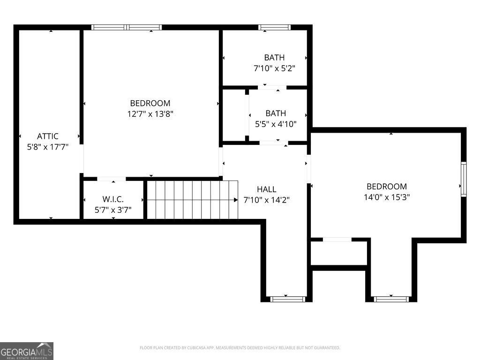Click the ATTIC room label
coord(48,136)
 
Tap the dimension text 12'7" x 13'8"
coord(150,114)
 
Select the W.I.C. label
coord(113,199)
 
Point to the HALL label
coord(266,189)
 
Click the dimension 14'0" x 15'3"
coord(387,197)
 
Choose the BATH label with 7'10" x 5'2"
coord(274,58)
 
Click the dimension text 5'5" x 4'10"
coord(276,124)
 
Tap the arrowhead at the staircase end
coord(236,200)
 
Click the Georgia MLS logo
coord(27,351)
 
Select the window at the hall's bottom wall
coord(288,299)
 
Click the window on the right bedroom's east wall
coord(463,179)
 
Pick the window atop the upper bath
coord(274,28)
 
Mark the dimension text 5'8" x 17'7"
coord(48,147)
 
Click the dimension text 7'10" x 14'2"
coord(266,200)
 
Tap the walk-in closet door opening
coord(112,179)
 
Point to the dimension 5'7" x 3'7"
coord(113,210)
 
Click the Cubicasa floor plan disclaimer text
coord(240,348)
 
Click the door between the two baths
coord(272,87)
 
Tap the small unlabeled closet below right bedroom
coord(339,253)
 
